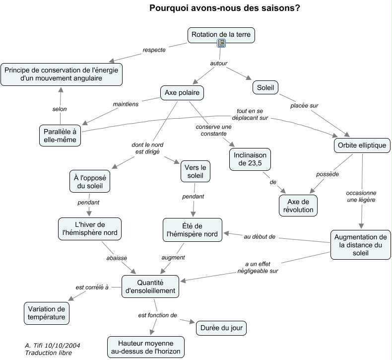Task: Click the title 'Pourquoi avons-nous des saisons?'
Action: (224, 8)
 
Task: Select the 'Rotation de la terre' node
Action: (221, 34)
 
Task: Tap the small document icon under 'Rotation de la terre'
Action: (221, 44)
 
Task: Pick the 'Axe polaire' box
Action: (182, 92)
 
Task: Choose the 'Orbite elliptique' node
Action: (362, 145)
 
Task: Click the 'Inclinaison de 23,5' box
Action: (249, 158)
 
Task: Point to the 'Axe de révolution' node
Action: (298, 205)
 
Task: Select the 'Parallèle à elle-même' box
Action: (60, 136)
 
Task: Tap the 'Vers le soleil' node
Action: (196, 171)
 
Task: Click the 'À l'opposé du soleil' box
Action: (89, 182)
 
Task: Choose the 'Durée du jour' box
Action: (221, 328)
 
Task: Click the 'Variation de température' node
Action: (46, 313)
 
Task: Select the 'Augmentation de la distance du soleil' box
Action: (360, 244)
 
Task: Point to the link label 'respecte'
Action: (154, 50)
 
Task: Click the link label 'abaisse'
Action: (117, 258)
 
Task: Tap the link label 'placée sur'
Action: (304, 105)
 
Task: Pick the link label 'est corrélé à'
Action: (92, 287)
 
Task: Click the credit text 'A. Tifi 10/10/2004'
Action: (53, 345)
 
